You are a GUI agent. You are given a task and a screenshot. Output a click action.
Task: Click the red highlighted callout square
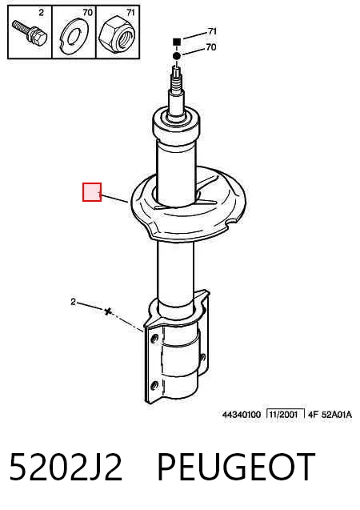point(92,192)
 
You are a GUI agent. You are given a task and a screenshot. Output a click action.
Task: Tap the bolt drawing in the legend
point(30,33)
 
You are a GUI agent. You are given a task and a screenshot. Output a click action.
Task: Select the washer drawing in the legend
point(74,37)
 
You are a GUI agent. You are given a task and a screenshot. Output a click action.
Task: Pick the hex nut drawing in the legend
point(117,34)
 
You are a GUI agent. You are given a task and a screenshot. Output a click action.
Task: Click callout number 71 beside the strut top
point(212,31)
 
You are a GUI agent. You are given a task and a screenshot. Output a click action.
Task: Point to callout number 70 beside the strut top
point(211,47)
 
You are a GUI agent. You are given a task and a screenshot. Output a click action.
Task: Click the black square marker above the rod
point(177,42)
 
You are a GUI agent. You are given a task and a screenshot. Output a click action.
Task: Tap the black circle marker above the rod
point(177,56)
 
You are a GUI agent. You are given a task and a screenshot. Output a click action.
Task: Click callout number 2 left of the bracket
point(73,302)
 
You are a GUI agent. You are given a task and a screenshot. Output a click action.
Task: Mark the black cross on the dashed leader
point(107,311)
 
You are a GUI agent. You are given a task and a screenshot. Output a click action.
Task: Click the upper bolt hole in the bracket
point(154,339)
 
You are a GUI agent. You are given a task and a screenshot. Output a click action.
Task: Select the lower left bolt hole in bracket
point(154,386)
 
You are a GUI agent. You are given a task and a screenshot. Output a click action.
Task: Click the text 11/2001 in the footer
point(283,415)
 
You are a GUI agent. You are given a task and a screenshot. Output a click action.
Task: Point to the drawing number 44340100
point(242,415)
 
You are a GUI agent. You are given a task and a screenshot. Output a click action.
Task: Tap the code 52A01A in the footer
point(337,415)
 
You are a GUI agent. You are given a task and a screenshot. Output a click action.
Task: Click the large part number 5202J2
point(66,467)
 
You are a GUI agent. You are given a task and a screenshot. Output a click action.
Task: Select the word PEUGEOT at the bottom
point(236,467)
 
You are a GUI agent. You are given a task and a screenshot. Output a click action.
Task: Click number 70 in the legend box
point(88,13)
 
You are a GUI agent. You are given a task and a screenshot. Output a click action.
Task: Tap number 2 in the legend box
point(41,13)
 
